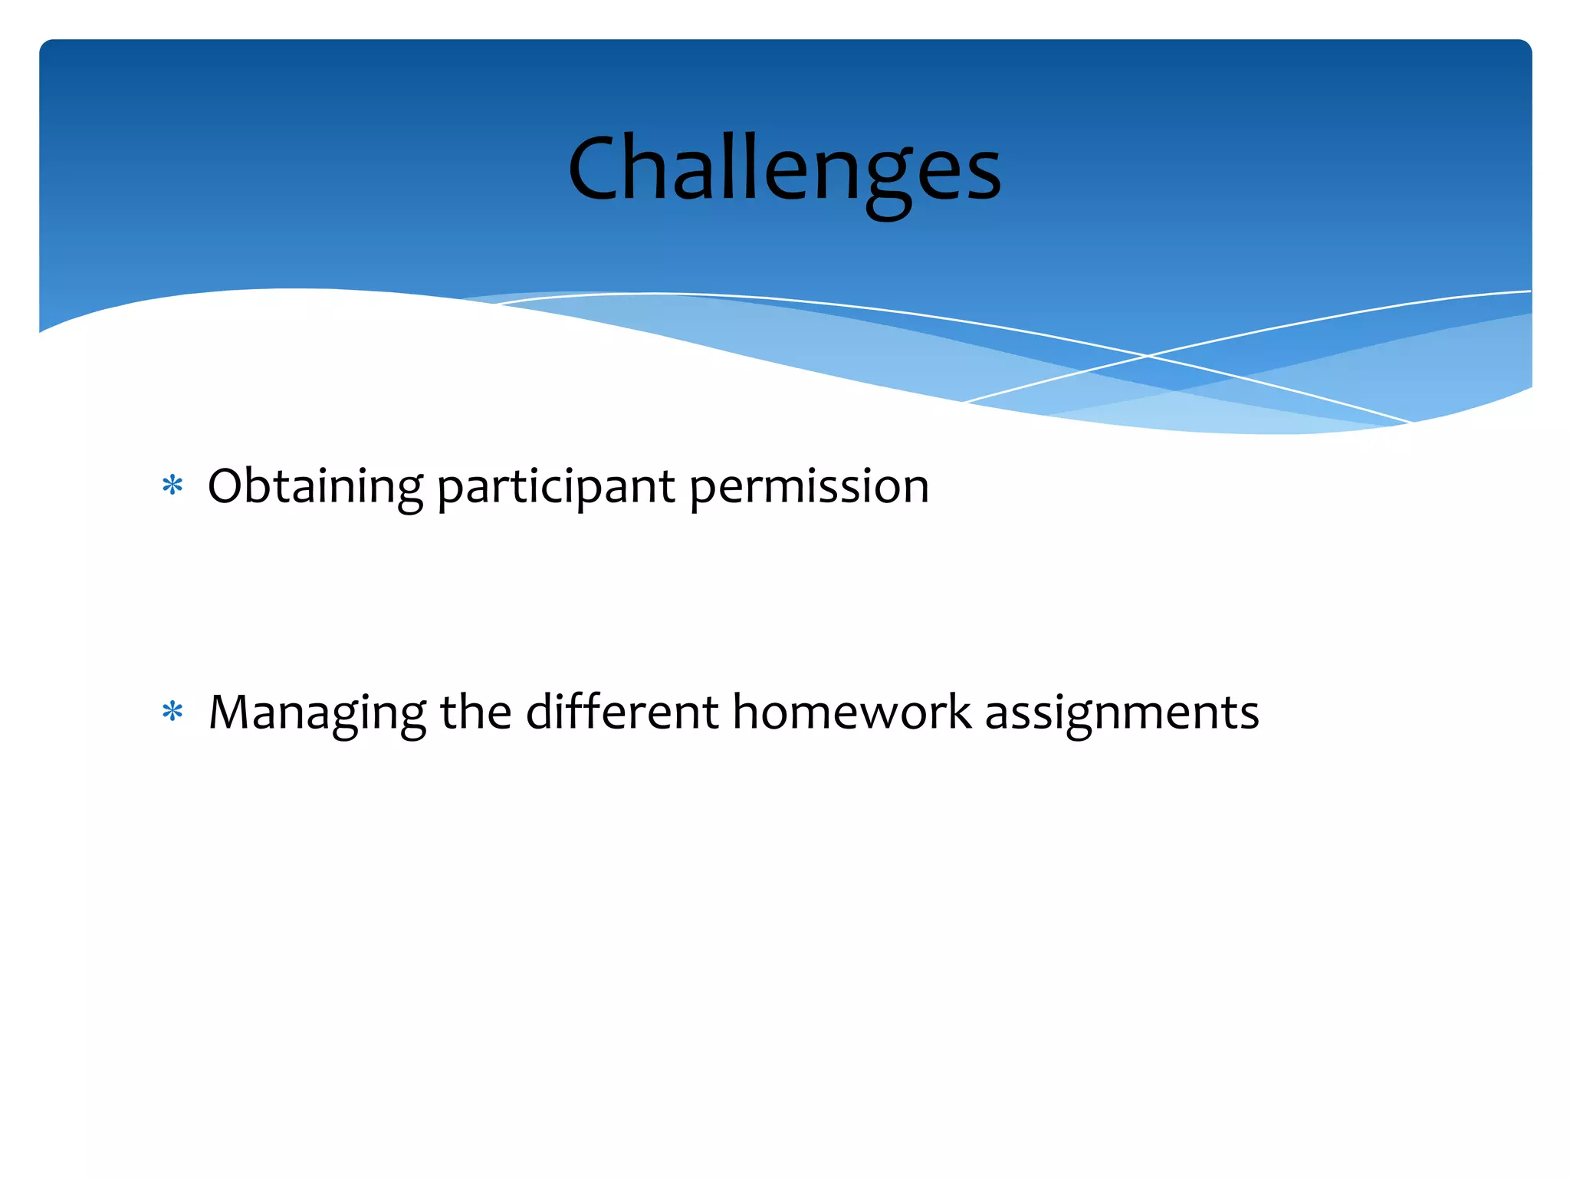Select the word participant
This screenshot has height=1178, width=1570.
556,486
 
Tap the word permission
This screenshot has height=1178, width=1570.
809,486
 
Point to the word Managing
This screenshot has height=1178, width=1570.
317,712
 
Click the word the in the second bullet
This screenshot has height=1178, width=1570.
475,712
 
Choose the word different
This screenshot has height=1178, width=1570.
622,712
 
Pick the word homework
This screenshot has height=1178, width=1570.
852,712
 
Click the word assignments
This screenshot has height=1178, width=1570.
1122,712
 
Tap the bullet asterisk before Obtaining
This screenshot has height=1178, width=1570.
172,486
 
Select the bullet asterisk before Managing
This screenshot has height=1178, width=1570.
172,712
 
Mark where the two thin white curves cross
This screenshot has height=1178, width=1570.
1148,356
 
